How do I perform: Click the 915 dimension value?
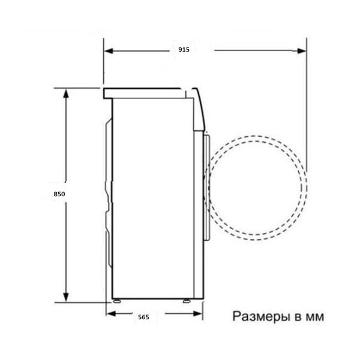point(184,50)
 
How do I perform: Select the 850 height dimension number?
point(59,194)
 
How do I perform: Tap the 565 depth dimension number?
point(143,317)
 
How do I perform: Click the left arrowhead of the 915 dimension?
point(109,51)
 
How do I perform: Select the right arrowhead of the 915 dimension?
point(301,51)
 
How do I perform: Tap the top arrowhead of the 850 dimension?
point(66,94)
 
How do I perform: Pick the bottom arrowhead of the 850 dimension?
point(66,297)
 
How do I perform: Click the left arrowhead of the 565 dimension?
point(112,313)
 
